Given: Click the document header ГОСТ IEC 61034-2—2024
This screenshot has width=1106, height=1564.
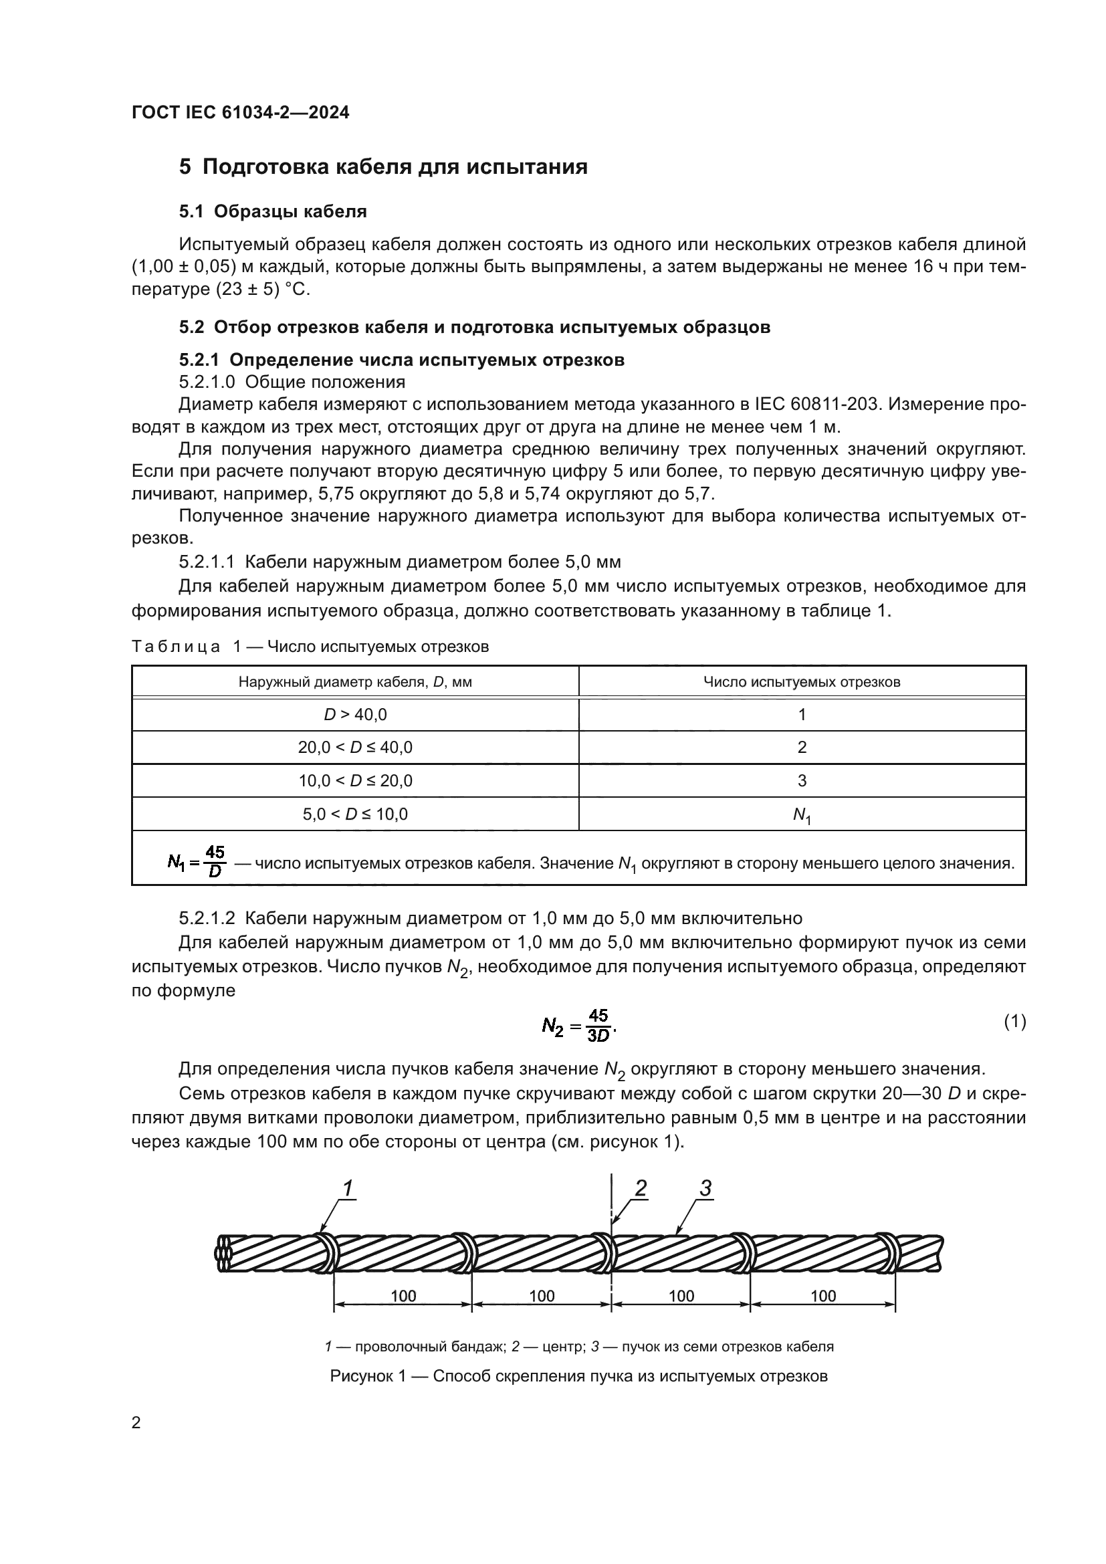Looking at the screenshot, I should (x=241, y=113).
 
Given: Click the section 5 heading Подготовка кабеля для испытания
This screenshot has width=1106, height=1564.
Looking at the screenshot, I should (x=382, y=167).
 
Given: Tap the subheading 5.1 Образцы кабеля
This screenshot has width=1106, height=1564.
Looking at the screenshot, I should (x=272, y=212).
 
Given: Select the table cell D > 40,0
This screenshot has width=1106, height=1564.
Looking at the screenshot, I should (x=355, y=715).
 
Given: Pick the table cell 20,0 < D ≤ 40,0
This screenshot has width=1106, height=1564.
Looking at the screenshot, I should (x=355, y=748).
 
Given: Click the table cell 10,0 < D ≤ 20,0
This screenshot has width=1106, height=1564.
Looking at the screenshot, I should (x=355, y=780).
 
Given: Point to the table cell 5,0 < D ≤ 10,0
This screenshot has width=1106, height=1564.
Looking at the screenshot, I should (x=355, y=814).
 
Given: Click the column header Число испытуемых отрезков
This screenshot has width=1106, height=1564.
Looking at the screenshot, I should (x=802, y=682).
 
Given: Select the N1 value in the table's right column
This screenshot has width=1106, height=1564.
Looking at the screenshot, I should (x=802, y=815).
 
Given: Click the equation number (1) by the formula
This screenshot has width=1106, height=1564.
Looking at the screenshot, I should (x=1015, y=1021).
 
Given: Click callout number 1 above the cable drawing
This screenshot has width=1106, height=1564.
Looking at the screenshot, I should (x=347, y=1189).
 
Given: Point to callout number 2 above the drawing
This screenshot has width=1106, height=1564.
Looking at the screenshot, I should (x=640, y=1189).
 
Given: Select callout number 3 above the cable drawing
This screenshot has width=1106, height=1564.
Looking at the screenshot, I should (x=705, y=1189).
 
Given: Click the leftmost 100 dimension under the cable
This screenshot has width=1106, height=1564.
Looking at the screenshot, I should (x=403, y=1296).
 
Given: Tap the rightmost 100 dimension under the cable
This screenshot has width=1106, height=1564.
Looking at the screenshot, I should (x=822, y=1296).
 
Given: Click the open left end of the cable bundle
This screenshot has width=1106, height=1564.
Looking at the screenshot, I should (x=224, y=1253).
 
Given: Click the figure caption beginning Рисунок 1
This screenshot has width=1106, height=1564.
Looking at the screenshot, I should (x=578, y=1375).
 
